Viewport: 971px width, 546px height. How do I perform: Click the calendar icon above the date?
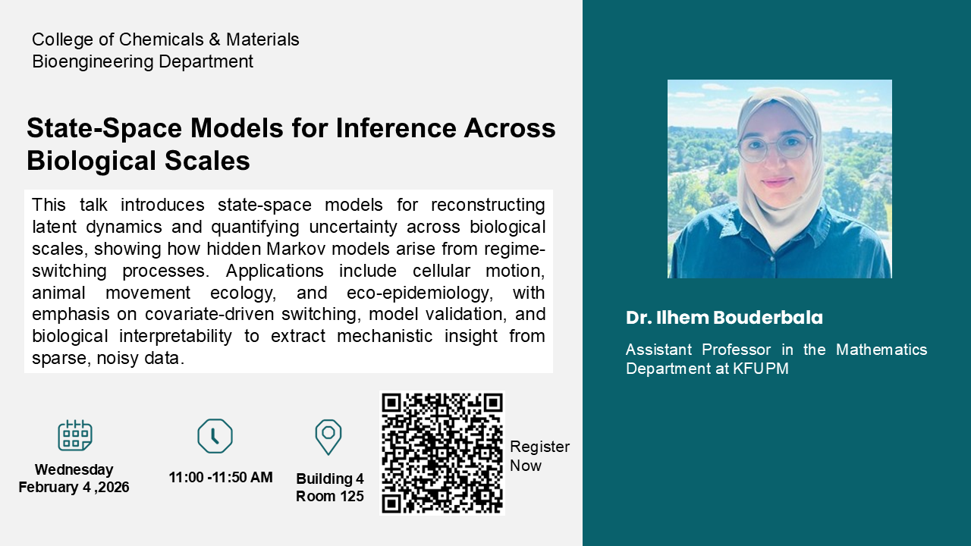pos(75,435)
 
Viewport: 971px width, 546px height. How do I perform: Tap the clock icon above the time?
pos(215,436)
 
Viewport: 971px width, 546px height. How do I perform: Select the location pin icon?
pos(328,437)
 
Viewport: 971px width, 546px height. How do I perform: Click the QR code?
pos(442,453)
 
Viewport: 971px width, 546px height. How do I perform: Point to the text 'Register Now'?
pos(539,456)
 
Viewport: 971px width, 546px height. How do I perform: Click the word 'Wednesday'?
pos(74,469)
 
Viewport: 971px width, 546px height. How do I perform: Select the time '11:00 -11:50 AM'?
pos(221,477)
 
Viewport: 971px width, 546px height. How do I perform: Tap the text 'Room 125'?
pos(330,496)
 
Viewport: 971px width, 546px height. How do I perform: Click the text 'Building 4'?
pos(330,479)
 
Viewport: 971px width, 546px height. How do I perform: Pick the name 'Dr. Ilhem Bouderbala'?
pos(724,318)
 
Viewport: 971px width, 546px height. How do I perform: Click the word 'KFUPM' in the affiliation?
pos(761,369)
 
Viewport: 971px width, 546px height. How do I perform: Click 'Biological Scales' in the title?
pos(138,160)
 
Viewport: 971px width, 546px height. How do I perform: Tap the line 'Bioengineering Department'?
pos(143,61)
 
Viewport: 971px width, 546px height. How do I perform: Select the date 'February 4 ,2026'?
pos(74,487)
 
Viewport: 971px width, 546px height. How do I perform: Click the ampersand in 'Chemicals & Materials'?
pos(215,39)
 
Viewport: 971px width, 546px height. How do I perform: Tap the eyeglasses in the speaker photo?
pos(775,146)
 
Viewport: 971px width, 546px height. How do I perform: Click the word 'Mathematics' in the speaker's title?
pos(881,350)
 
